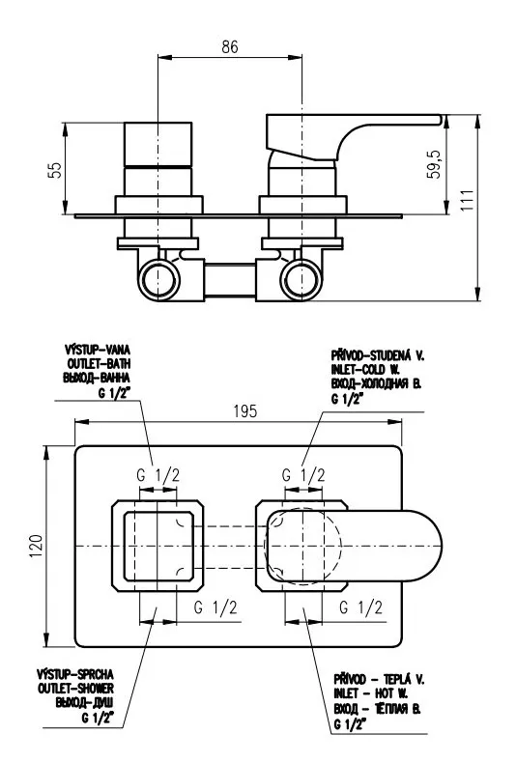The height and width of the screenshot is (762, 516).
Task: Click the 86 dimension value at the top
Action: click(x=230, y=46)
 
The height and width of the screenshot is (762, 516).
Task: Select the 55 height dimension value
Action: click(x=56, y=170)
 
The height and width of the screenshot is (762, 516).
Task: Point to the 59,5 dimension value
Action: click(x=434, y=164)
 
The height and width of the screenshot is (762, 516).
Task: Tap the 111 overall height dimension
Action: click(x=468, y=200)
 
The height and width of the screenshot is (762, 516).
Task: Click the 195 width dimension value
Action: click(x=245, y=411)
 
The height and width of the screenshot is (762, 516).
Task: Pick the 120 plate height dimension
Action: click(x=37, y=547)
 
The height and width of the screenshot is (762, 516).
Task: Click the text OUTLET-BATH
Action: click(x=100, y=363)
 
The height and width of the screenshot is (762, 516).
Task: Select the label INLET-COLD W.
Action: click(x=365, y=369)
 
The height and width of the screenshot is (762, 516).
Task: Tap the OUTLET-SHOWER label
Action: click(x=76, y=689)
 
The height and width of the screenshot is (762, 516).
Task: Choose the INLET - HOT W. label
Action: click(x=371, y=693)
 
